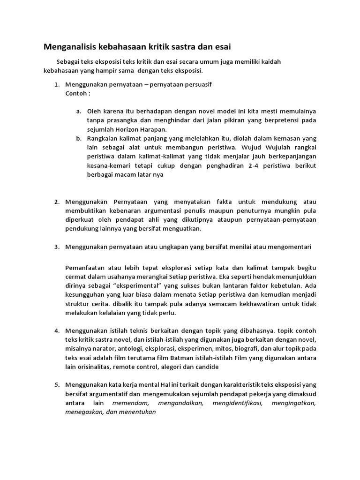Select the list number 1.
56,85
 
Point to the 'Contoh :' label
78,93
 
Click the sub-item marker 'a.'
79,112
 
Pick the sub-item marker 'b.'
79,138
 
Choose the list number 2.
56,202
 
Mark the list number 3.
56,247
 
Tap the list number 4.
56,331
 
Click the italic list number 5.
56,385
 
